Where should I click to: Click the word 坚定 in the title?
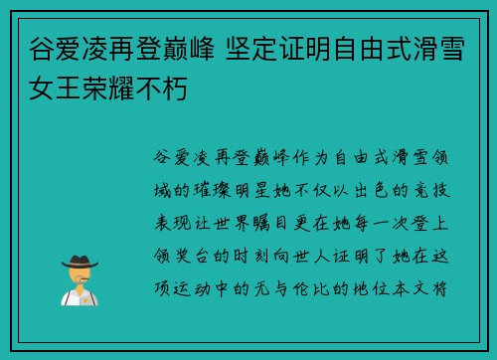pos(271,46)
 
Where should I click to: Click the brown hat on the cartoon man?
pos(79,260)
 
